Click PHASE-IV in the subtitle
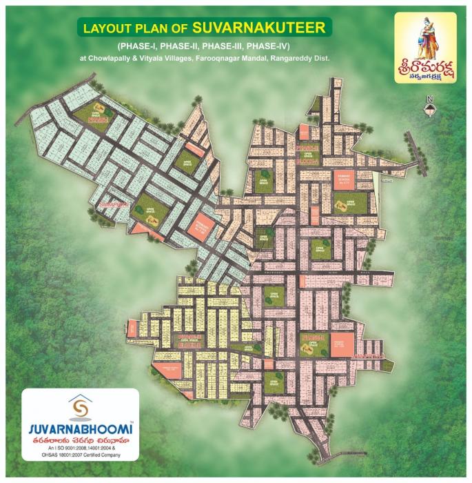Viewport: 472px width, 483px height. (278, 46)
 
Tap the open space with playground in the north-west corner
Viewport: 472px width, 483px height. (96, 111)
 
